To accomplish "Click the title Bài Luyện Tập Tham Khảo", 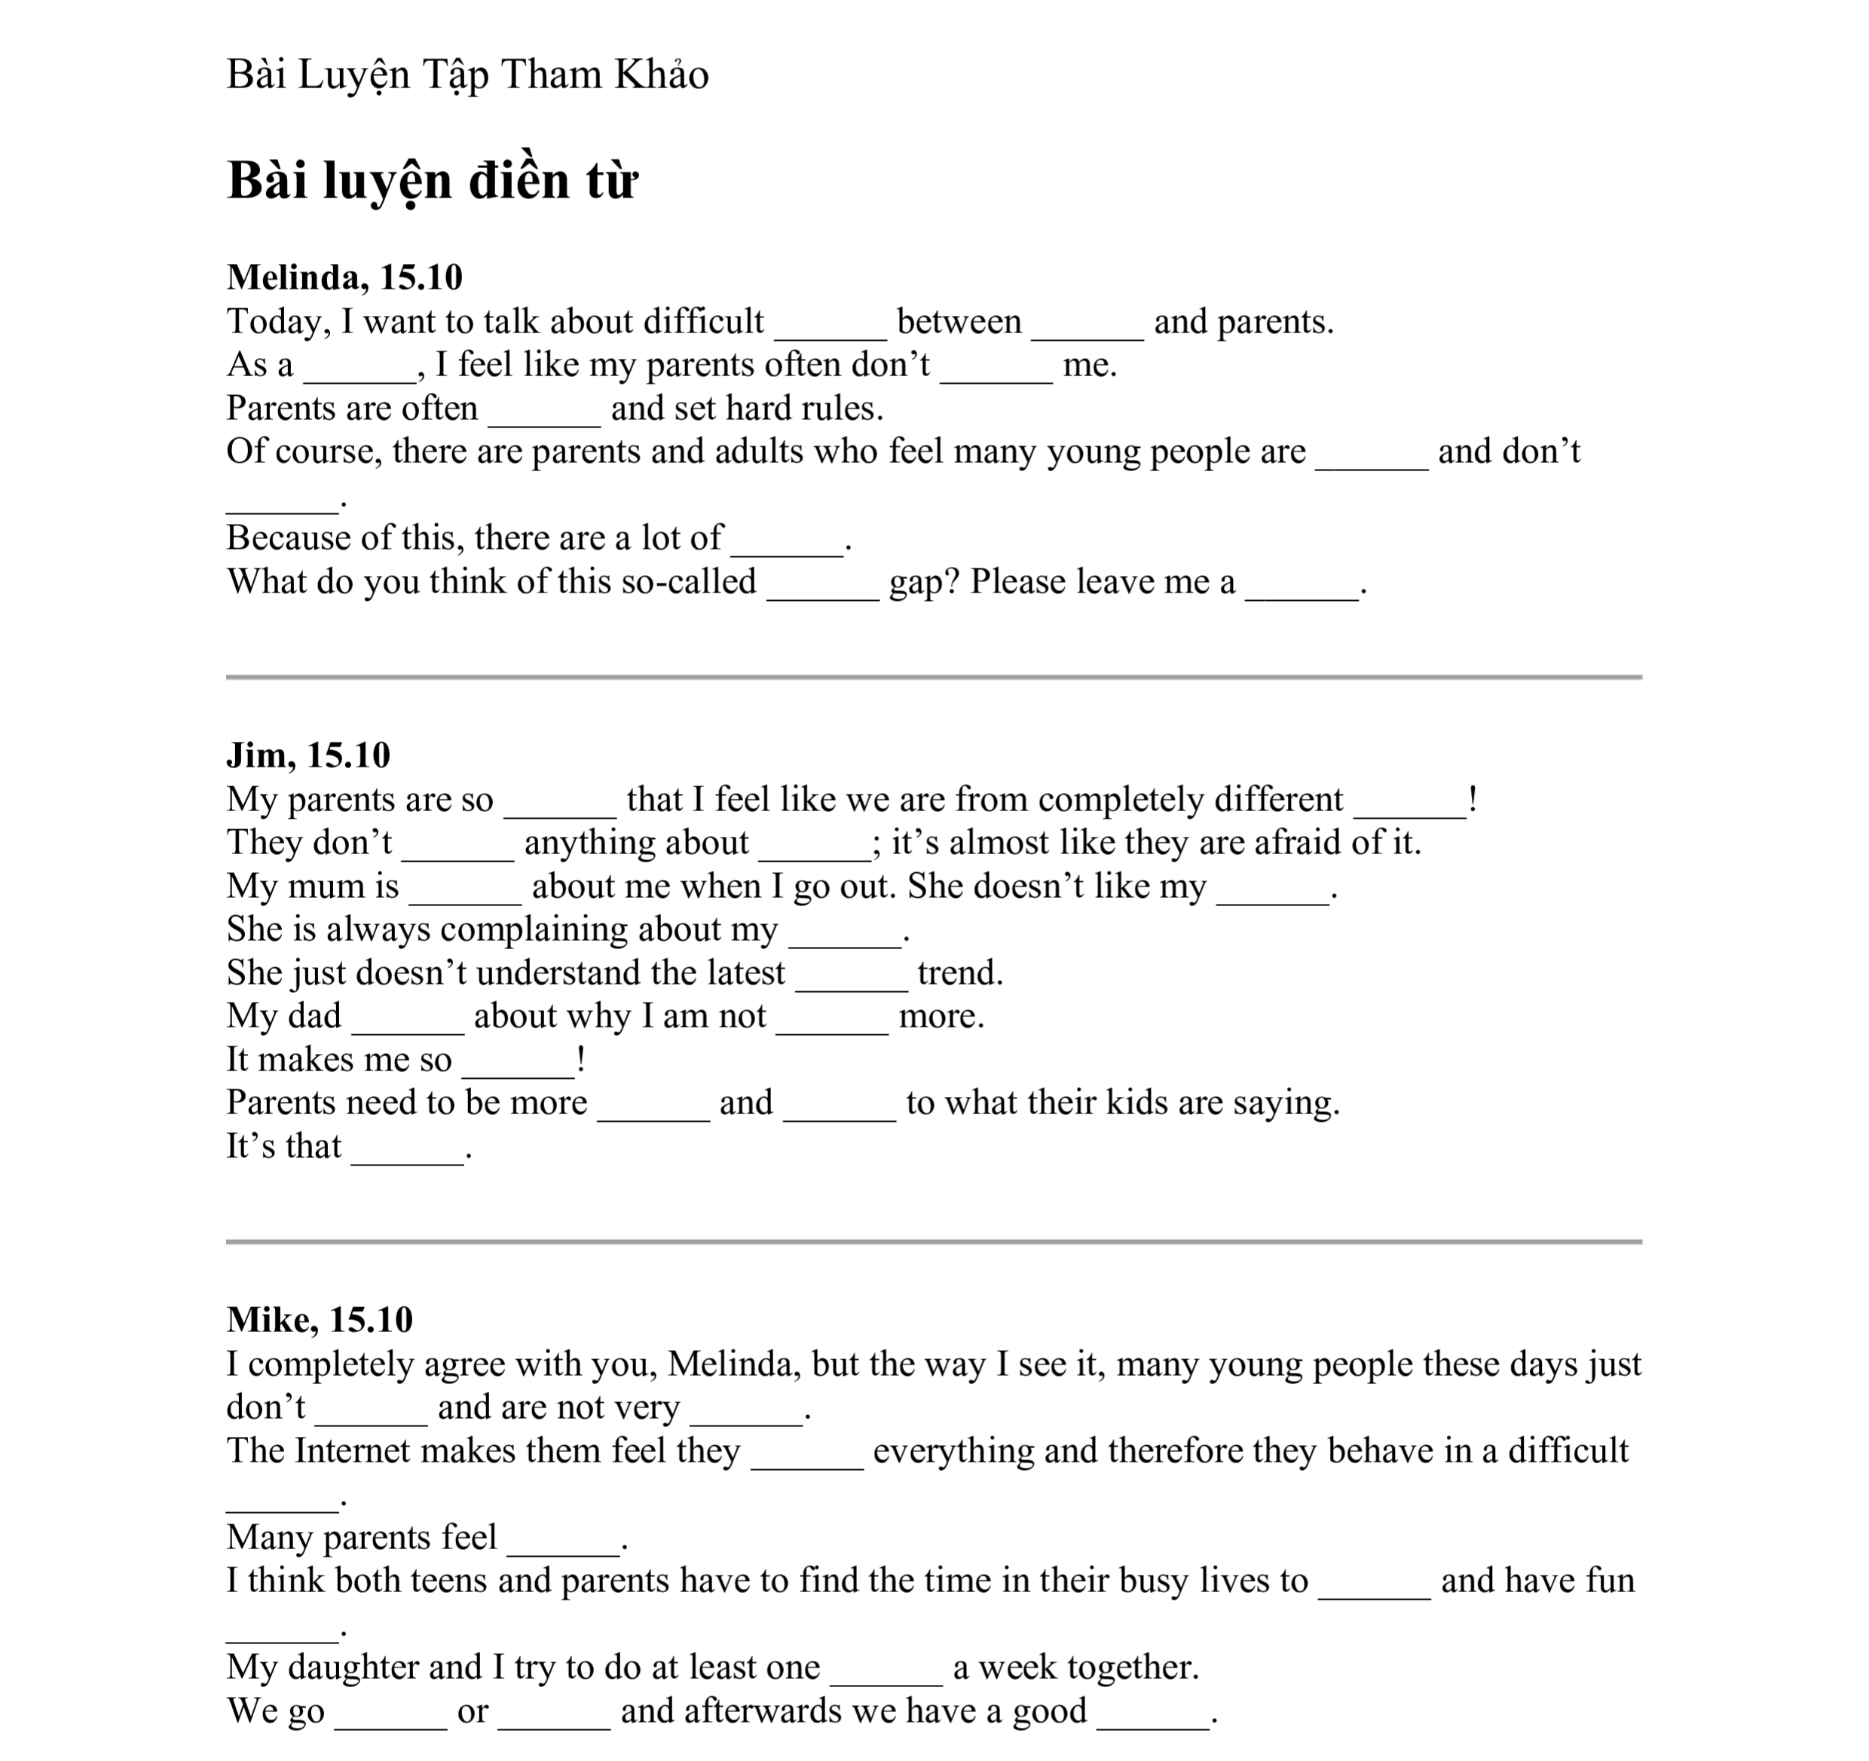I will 467,75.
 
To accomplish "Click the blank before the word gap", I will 823,585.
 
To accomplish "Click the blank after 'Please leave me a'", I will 1302,585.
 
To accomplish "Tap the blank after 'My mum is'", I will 466,890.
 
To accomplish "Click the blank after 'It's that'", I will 407,1150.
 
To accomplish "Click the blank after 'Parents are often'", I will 544,412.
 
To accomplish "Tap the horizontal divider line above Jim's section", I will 934,677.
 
